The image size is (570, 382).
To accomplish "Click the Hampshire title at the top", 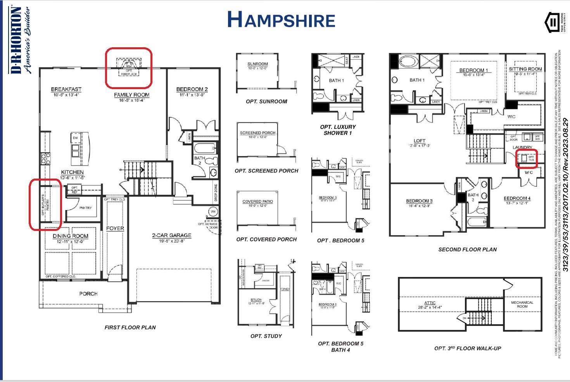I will (281, 20).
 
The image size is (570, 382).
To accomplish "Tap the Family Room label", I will (131, 95).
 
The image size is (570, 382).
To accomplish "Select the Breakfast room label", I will (66, 89).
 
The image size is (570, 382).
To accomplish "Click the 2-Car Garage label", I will (171, 235).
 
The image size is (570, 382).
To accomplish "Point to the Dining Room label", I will (70, 236).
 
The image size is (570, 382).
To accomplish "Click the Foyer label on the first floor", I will (115, 229).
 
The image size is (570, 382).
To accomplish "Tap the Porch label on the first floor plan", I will (88, 294).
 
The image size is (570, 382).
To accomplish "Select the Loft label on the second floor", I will (419, 141).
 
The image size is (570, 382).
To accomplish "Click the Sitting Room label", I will (525, 69).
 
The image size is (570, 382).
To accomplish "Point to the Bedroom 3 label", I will (419, 201).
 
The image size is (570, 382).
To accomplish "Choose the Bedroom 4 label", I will (517, 198).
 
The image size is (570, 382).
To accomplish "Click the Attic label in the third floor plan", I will (430, 303).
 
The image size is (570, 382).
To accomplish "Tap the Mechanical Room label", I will (522, 305).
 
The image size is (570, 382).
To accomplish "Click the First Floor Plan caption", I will (130, 327).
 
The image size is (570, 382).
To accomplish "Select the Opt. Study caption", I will (266, 336).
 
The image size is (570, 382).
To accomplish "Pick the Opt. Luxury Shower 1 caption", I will (338, 130).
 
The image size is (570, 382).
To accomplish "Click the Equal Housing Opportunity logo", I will (553, 22).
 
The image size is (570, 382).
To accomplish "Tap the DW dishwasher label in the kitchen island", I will (75, 138).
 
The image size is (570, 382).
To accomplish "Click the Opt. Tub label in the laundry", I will (531, 158).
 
